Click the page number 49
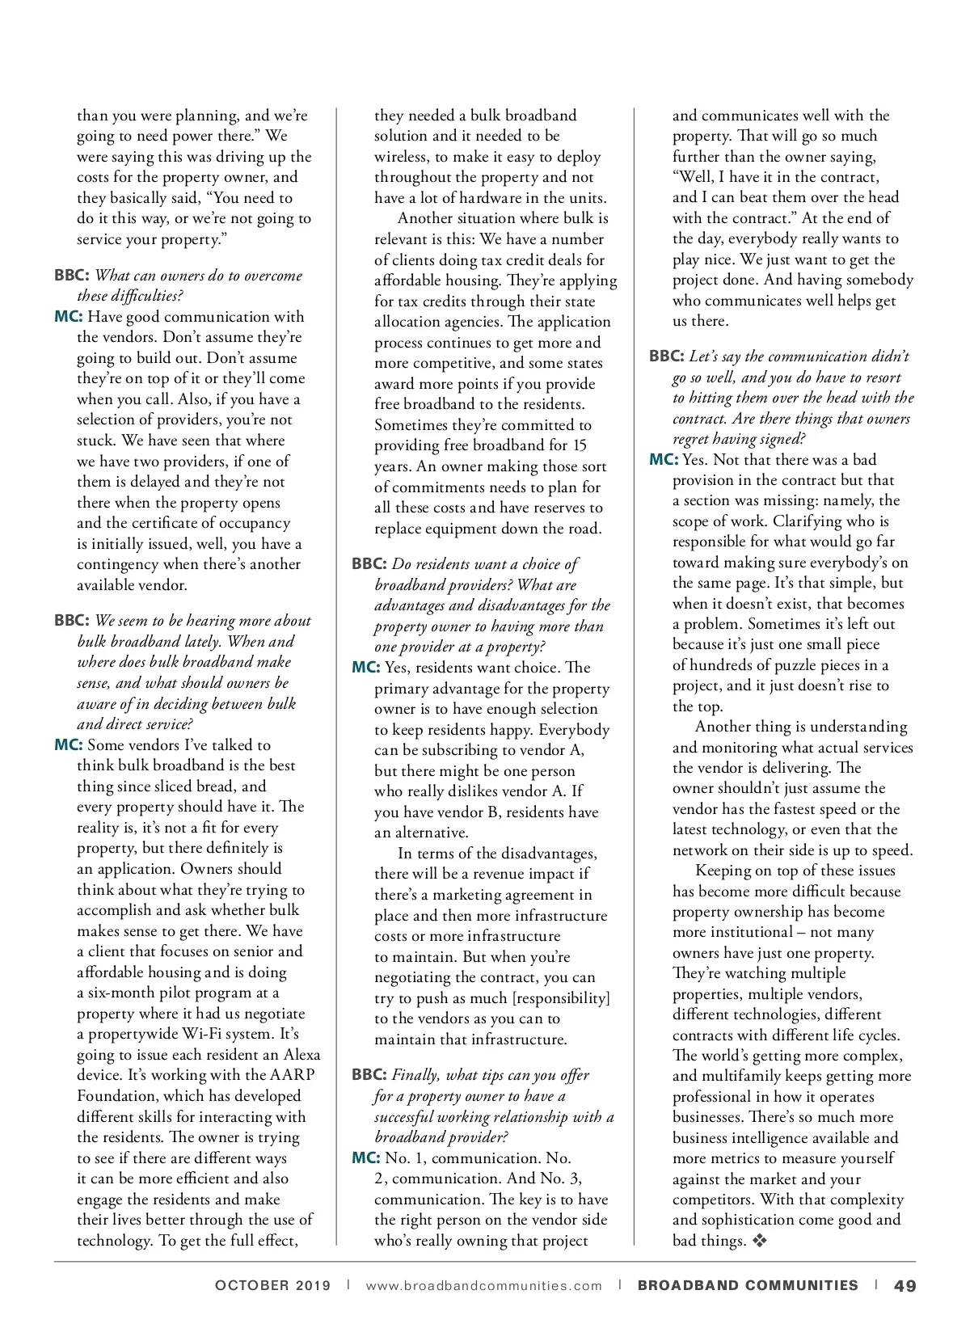pyautogui.click(x=905, y=1285)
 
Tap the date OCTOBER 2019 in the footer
pyautogui.click(x=272, y=1286)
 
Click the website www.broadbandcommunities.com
pyautogui.click(x=484, y=1286)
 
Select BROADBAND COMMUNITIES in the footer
pyautogui.click(x=748, y=1285)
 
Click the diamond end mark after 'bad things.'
pyautogui.click(x=758, y=1241)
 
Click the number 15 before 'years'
pyautogui.click(x=579, y=445)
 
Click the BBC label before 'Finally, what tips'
pyautogui.click(x=369, y=1075)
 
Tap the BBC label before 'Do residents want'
pyautogui.click(x=369, y=564)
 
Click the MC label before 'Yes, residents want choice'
pyautogui.click(x=365, y=668)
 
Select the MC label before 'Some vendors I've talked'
pyautogui.click(x=68, y=745)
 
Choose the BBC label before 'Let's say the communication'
pyautogui.click(x=666, y=356)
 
